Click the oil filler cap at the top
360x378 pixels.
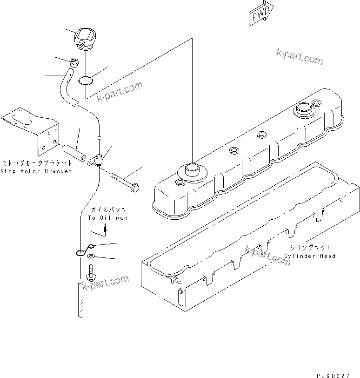85,38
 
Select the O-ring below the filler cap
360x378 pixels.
85,81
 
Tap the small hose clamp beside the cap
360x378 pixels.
75,61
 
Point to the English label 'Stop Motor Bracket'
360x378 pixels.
36,171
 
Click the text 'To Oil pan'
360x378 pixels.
107,217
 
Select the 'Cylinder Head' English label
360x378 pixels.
310,256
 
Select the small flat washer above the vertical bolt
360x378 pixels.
91,256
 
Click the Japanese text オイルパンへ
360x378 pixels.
107,210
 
